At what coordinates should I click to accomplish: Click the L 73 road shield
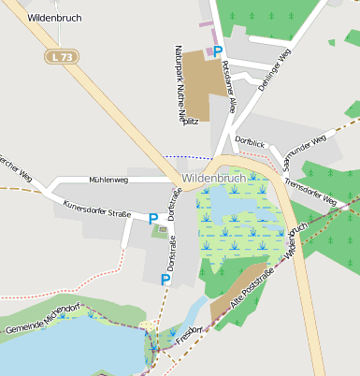63,57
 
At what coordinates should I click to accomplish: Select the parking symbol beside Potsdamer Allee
218,52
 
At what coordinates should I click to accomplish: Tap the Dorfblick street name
252,140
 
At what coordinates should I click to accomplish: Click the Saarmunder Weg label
305,151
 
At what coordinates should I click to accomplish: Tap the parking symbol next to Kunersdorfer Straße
153,218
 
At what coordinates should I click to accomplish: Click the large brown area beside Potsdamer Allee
202,73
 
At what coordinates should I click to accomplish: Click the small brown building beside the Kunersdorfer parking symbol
164,227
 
